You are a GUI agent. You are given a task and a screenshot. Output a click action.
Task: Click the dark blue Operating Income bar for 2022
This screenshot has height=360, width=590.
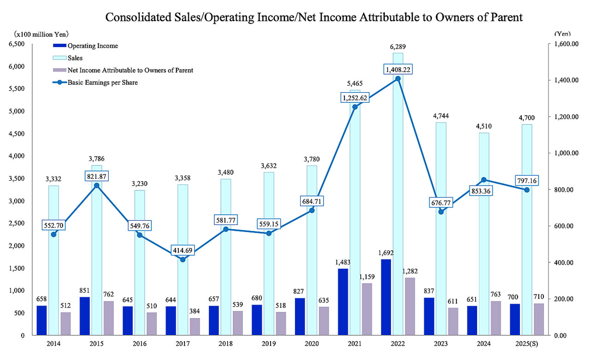tap(386, 297)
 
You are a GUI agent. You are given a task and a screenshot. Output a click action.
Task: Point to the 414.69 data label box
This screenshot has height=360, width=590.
tap(183, 251)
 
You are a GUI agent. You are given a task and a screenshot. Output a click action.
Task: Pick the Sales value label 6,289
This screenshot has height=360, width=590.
tap(398, 47)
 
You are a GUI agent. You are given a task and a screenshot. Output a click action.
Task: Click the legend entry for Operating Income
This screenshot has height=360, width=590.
tap(92, 46)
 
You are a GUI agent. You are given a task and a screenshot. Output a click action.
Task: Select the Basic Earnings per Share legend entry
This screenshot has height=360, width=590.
tap(101, 83)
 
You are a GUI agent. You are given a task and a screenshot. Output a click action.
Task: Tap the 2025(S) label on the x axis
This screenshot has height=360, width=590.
tap(527, 344)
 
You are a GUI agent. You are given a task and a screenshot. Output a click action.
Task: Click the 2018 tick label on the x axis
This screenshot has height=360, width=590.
tap(226, 344)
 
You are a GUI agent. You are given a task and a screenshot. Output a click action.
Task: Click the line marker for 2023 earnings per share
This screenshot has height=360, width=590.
tap(441, 212)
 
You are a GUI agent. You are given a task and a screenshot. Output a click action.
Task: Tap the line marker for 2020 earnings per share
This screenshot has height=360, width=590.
tap(312, 210)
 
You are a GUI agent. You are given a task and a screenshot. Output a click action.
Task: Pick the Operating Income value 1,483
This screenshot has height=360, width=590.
tap(342, 262)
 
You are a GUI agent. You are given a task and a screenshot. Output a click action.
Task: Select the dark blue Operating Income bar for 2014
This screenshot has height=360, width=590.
tap(41, 320)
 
